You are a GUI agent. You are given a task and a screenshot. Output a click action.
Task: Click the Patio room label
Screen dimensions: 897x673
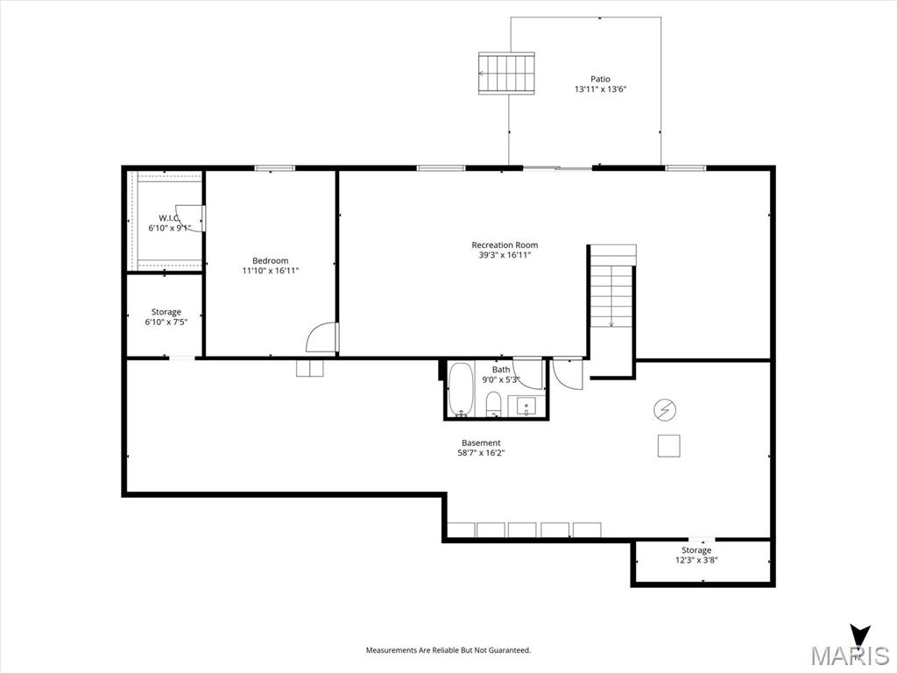[x=600, y=79]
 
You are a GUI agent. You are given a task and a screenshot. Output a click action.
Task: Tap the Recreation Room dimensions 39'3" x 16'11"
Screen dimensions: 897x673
[x=505, y=255]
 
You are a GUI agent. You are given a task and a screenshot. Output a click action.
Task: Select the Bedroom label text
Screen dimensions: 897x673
[x=271, y=260]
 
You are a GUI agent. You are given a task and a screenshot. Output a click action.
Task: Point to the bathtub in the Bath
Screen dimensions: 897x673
[x=460, y=389]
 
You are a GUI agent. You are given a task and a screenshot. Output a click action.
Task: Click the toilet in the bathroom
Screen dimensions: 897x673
[x=494, y=405]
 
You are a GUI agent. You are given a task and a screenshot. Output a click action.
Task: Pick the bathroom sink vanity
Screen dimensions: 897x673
[x=526, y=407]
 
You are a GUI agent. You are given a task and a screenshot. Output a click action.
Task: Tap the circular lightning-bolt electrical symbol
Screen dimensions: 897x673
[x=666, y=410]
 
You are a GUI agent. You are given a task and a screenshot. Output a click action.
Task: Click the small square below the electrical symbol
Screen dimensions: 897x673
[x=668, y=446]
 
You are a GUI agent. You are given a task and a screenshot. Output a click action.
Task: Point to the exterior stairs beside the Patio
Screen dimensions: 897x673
[x=507, y=74]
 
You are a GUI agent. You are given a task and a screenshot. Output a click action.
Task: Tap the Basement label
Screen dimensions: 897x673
[x=481, y=443]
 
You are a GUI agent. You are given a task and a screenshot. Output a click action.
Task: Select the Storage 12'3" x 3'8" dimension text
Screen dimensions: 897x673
[x=696, y=560]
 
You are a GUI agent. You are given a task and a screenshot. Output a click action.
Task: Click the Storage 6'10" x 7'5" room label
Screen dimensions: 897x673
[x=166, y=312]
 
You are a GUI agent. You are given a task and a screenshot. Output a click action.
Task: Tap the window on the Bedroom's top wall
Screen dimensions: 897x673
[x=274, y=167]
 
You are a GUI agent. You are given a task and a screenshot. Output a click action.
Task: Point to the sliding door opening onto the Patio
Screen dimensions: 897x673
[x=558, y=167]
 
